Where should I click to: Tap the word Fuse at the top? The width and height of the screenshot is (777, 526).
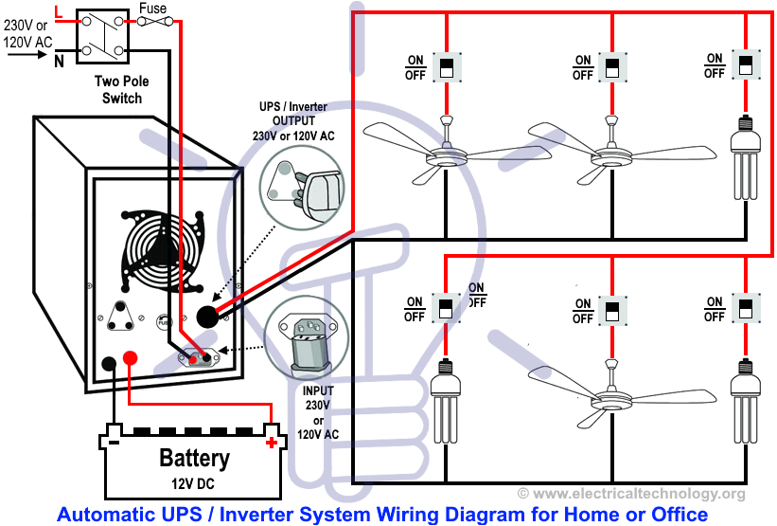(152, 9)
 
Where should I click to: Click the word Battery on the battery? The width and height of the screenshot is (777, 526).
(193, 459)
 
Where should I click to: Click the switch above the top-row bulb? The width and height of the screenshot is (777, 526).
(745, 65)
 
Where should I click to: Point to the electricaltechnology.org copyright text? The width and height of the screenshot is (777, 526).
(631, 494)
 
